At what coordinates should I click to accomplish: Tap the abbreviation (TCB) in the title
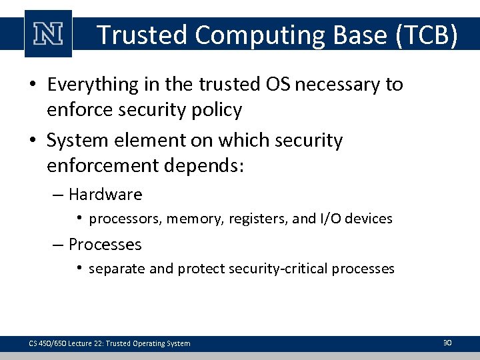[x=426, y=35]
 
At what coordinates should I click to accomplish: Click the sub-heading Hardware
[x=105, y=195]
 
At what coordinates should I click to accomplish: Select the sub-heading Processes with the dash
[x=97, y=245]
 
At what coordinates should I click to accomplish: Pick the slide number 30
[x=447, y=343]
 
